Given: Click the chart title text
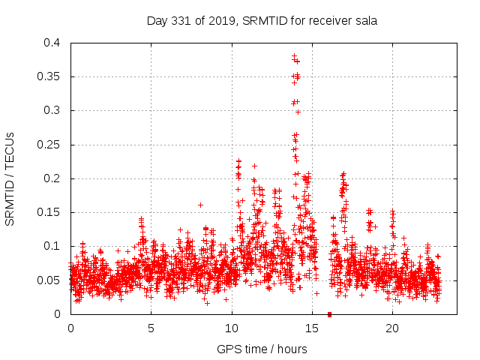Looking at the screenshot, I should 261,21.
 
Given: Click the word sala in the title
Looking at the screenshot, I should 365,21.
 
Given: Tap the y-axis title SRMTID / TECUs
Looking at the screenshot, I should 10,178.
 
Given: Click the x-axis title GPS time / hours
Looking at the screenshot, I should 261,349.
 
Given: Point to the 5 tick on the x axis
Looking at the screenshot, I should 151,328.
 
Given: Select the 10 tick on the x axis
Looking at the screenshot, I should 232,328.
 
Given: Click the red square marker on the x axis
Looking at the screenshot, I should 329,313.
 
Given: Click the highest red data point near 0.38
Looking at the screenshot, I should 294,55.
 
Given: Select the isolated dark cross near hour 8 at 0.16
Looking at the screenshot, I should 200,205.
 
